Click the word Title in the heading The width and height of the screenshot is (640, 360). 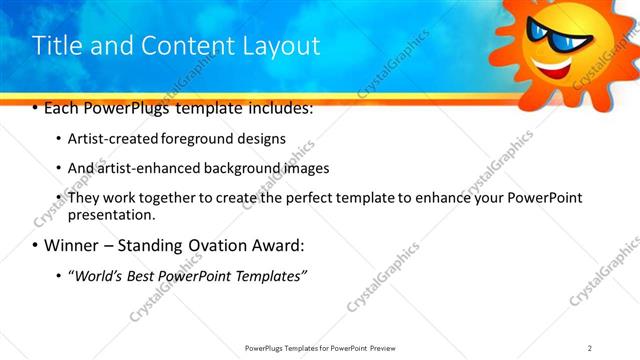59,46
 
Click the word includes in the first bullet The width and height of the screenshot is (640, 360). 279,108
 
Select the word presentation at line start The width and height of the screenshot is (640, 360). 111,215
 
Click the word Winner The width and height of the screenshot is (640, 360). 69,245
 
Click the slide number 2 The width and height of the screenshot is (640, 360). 590,347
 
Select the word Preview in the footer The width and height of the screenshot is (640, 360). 385,347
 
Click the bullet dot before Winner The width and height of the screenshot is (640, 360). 35,246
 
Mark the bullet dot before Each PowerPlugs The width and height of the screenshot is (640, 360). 35,108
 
